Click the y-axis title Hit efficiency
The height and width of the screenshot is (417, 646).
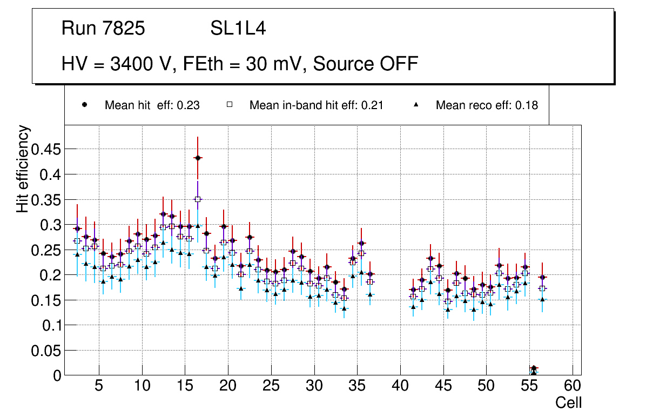click(23, 169)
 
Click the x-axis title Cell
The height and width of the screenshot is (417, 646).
click(569, 402)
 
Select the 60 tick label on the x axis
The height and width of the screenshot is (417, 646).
click(573, 386)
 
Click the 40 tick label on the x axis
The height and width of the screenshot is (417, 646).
click(400, 386)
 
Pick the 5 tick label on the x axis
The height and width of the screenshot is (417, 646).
click(99, 386)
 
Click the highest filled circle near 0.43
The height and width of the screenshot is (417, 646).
click(198, 158)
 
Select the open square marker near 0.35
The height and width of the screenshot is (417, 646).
click(198, 199)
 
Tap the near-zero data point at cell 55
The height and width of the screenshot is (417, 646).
click(534, 368)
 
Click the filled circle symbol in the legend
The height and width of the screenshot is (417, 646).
click(84, 105)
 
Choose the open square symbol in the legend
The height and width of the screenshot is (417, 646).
click(229, 105)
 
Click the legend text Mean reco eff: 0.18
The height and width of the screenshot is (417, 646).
click(487, 105)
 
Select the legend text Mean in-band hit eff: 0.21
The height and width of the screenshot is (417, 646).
click(316, 105)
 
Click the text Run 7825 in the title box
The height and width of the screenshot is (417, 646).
click(103, 29)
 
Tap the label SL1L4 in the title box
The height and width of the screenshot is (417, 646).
click(238, 29)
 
